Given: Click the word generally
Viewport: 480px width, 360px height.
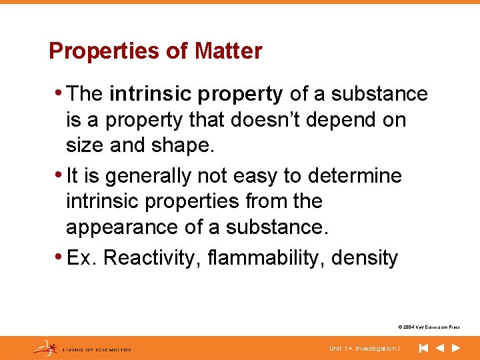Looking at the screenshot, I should (147, 176).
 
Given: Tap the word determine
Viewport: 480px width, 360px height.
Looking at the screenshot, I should (354, 176).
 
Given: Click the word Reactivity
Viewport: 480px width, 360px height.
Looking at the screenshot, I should (146, 257).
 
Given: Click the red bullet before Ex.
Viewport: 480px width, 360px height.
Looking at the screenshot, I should (62, 257).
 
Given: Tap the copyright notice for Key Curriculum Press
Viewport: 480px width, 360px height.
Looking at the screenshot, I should (428, 327).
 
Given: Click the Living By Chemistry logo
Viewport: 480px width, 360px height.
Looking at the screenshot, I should (83, 348).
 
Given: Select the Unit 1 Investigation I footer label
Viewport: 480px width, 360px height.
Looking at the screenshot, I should (364, 349).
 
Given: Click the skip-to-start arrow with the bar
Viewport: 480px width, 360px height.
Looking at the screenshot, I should (423, 348).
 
